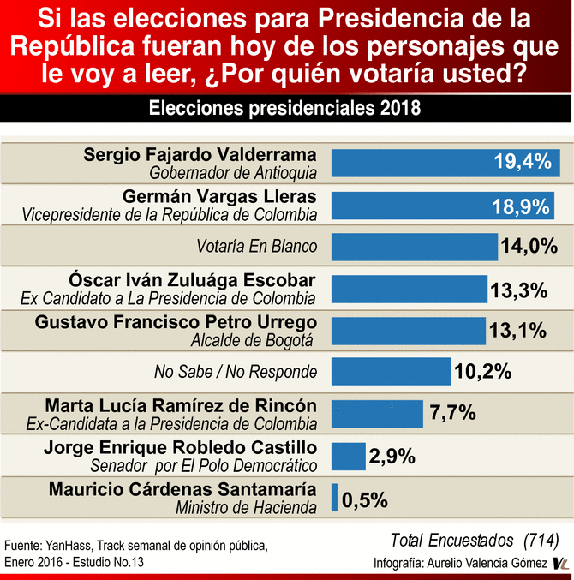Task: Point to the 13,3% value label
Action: tap(518, 289)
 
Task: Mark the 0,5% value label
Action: tap(365, 498)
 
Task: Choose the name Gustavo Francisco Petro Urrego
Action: tap(176, 322)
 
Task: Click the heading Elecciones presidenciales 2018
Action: tap(286, 110)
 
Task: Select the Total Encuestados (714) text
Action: tap(474, 540)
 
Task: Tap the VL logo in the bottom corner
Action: tap(561, 563)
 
